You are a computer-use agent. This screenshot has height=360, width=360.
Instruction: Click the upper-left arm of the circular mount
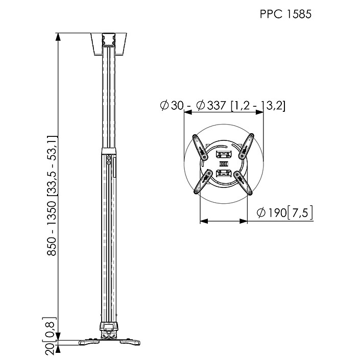[x=200, y=147]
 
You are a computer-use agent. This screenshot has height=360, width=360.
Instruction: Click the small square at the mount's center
[x=223, y=164]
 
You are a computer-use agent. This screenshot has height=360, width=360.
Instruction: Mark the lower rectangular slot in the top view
[x=223, y=174]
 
